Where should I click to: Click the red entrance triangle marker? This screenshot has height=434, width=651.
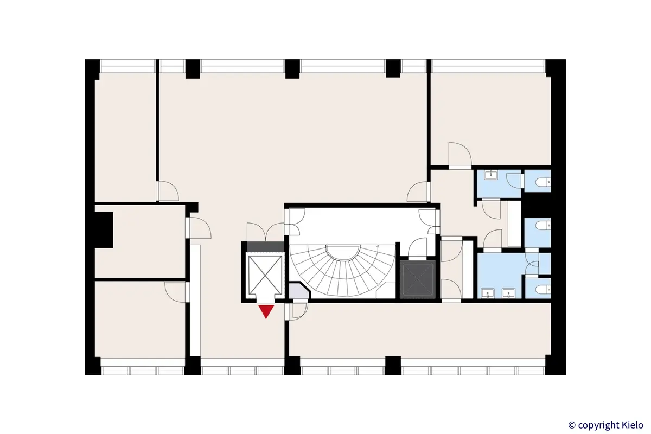[266, 311]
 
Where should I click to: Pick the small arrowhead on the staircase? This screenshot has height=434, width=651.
[378, 247]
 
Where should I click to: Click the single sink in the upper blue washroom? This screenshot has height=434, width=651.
[492, 174]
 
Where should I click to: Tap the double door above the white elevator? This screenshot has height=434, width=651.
[265, 232]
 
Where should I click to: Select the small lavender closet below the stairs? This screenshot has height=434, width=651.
[298, 292]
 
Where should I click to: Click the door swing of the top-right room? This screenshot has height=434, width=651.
[458, 154]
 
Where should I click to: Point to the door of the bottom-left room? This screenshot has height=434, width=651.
[176, 291]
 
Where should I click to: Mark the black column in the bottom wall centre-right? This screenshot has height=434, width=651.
[393, 365]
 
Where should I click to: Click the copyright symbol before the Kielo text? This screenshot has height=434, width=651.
[571, 425]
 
